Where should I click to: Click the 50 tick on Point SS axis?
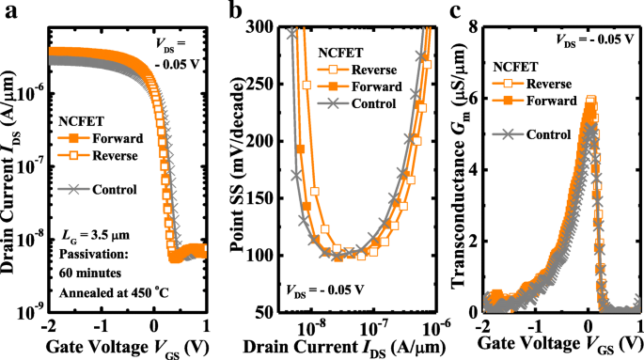point(270,312)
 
